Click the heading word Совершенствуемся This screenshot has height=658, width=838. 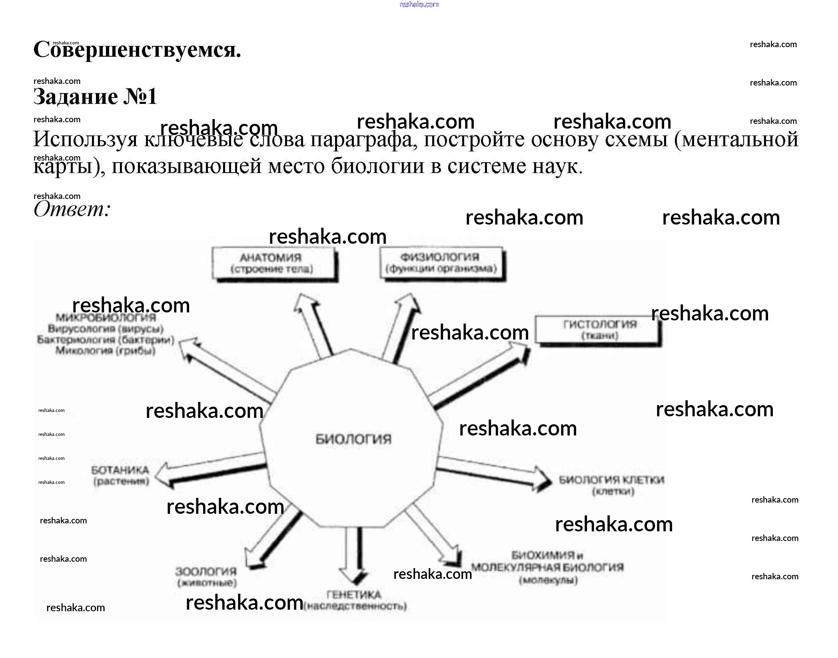pyautogui.click(x=137, y=50)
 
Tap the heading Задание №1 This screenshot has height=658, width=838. pyautogui.click(x=95, y=97)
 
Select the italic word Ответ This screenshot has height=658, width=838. pyautogui.click(x=72, y=209)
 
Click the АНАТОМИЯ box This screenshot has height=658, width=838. pyautogui.click(x=273, y=263)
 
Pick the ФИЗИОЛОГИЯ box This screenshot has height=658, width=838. pyautogui.click(x=441, y=262)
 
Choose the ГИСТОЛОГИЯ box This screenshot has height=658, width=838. pyautogui.click(x=598, y=330)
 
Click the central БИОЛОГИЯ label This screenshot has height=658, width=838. pyautogui.click(x=353, y=439)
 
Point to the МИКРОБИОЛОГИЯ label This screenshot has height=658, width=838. pyautogui.click(x=106, y=318)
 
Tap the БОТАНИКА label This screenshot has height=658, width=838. pyautogui.click(x=120, y=471)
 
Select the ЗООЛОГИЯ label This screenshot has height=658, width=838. pyautogui.click(x=206, y=572)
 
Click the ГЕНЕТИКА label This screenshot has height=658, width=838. pyautogui.click(x=354, y=595)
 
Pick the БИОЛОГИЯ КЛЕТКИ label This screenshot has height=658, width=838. pyautogui.click(x=611, y=480)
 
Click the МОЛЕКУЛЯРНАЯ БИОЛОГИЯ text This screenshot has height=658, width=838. pyautogui.click(x=547, y=567)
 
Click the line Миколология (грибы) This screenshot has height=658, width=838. pyautogui.click(x=105, y=351)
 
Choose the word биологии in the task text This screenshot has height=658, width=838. pyautogui.click(x=377, y=166)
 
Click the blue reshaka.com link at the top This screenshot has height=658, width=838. pyautogui.click(x=419, y=4)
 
